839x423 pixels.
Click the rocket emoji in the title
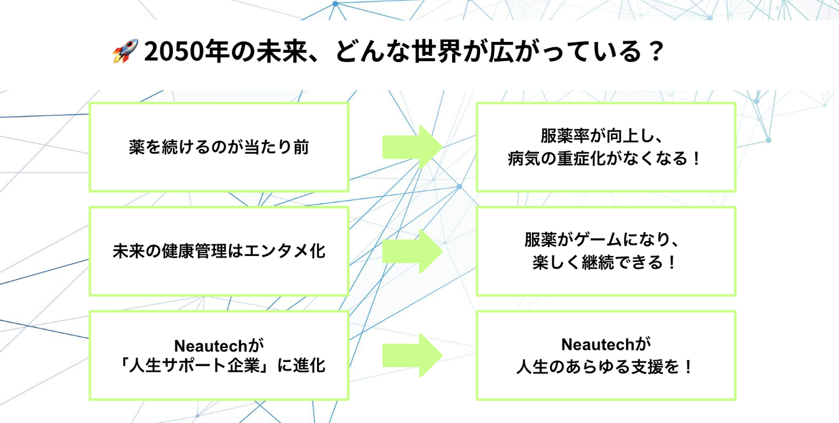click(x=125, y=51)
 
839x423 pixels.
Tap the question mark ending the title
click(x=655, y=52)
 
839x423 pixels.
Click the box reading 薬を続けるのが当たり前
click(x=219, y=147)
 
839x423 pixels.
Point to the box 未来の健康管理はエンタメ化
click(x=219, y=251)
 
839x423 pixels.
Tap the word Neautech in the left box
click(x=210, y=346)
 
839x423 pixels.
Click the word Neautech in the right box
click(x=597, y=344)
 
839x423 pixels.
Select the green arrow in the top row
click(x=413, y=147)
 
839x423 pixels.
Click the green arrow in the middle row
click(x=413, y=251)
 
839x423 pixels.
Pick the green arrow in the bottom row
click(x=413, y=356)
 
